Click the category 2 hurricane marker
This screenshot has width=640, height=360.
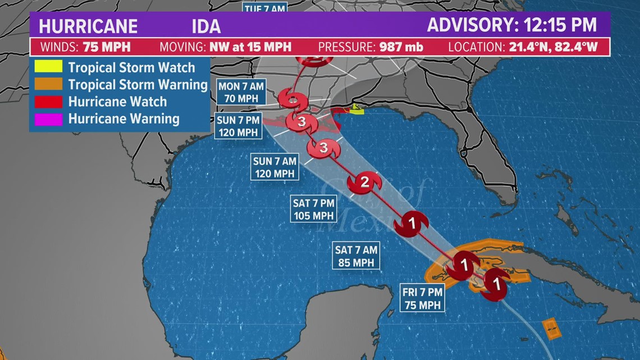point(364,182)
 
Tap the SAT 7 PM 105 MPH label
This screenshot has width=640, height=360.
point(313,208)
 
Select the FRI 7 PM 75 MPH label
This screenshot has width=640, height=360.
point(422,298)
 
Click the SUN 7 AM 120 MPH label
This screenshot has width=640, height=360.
point(275,167)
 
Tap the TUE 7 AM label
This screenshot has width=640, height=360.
point(265,8)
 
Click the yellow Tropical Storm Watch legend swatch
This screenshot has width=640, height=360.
point(48,67)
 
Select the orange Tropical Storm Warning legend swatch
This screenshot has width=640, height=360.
point(48,84)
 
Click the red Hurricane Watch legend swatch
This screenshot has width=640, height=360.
point(48,102)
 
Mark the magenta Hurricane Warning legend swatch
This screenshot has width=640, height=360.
point(48,119)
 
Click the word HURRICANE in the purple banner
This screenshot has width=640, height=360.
point(89,26)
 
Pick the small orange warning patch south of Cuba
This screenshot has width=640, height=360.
point(552,328)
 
